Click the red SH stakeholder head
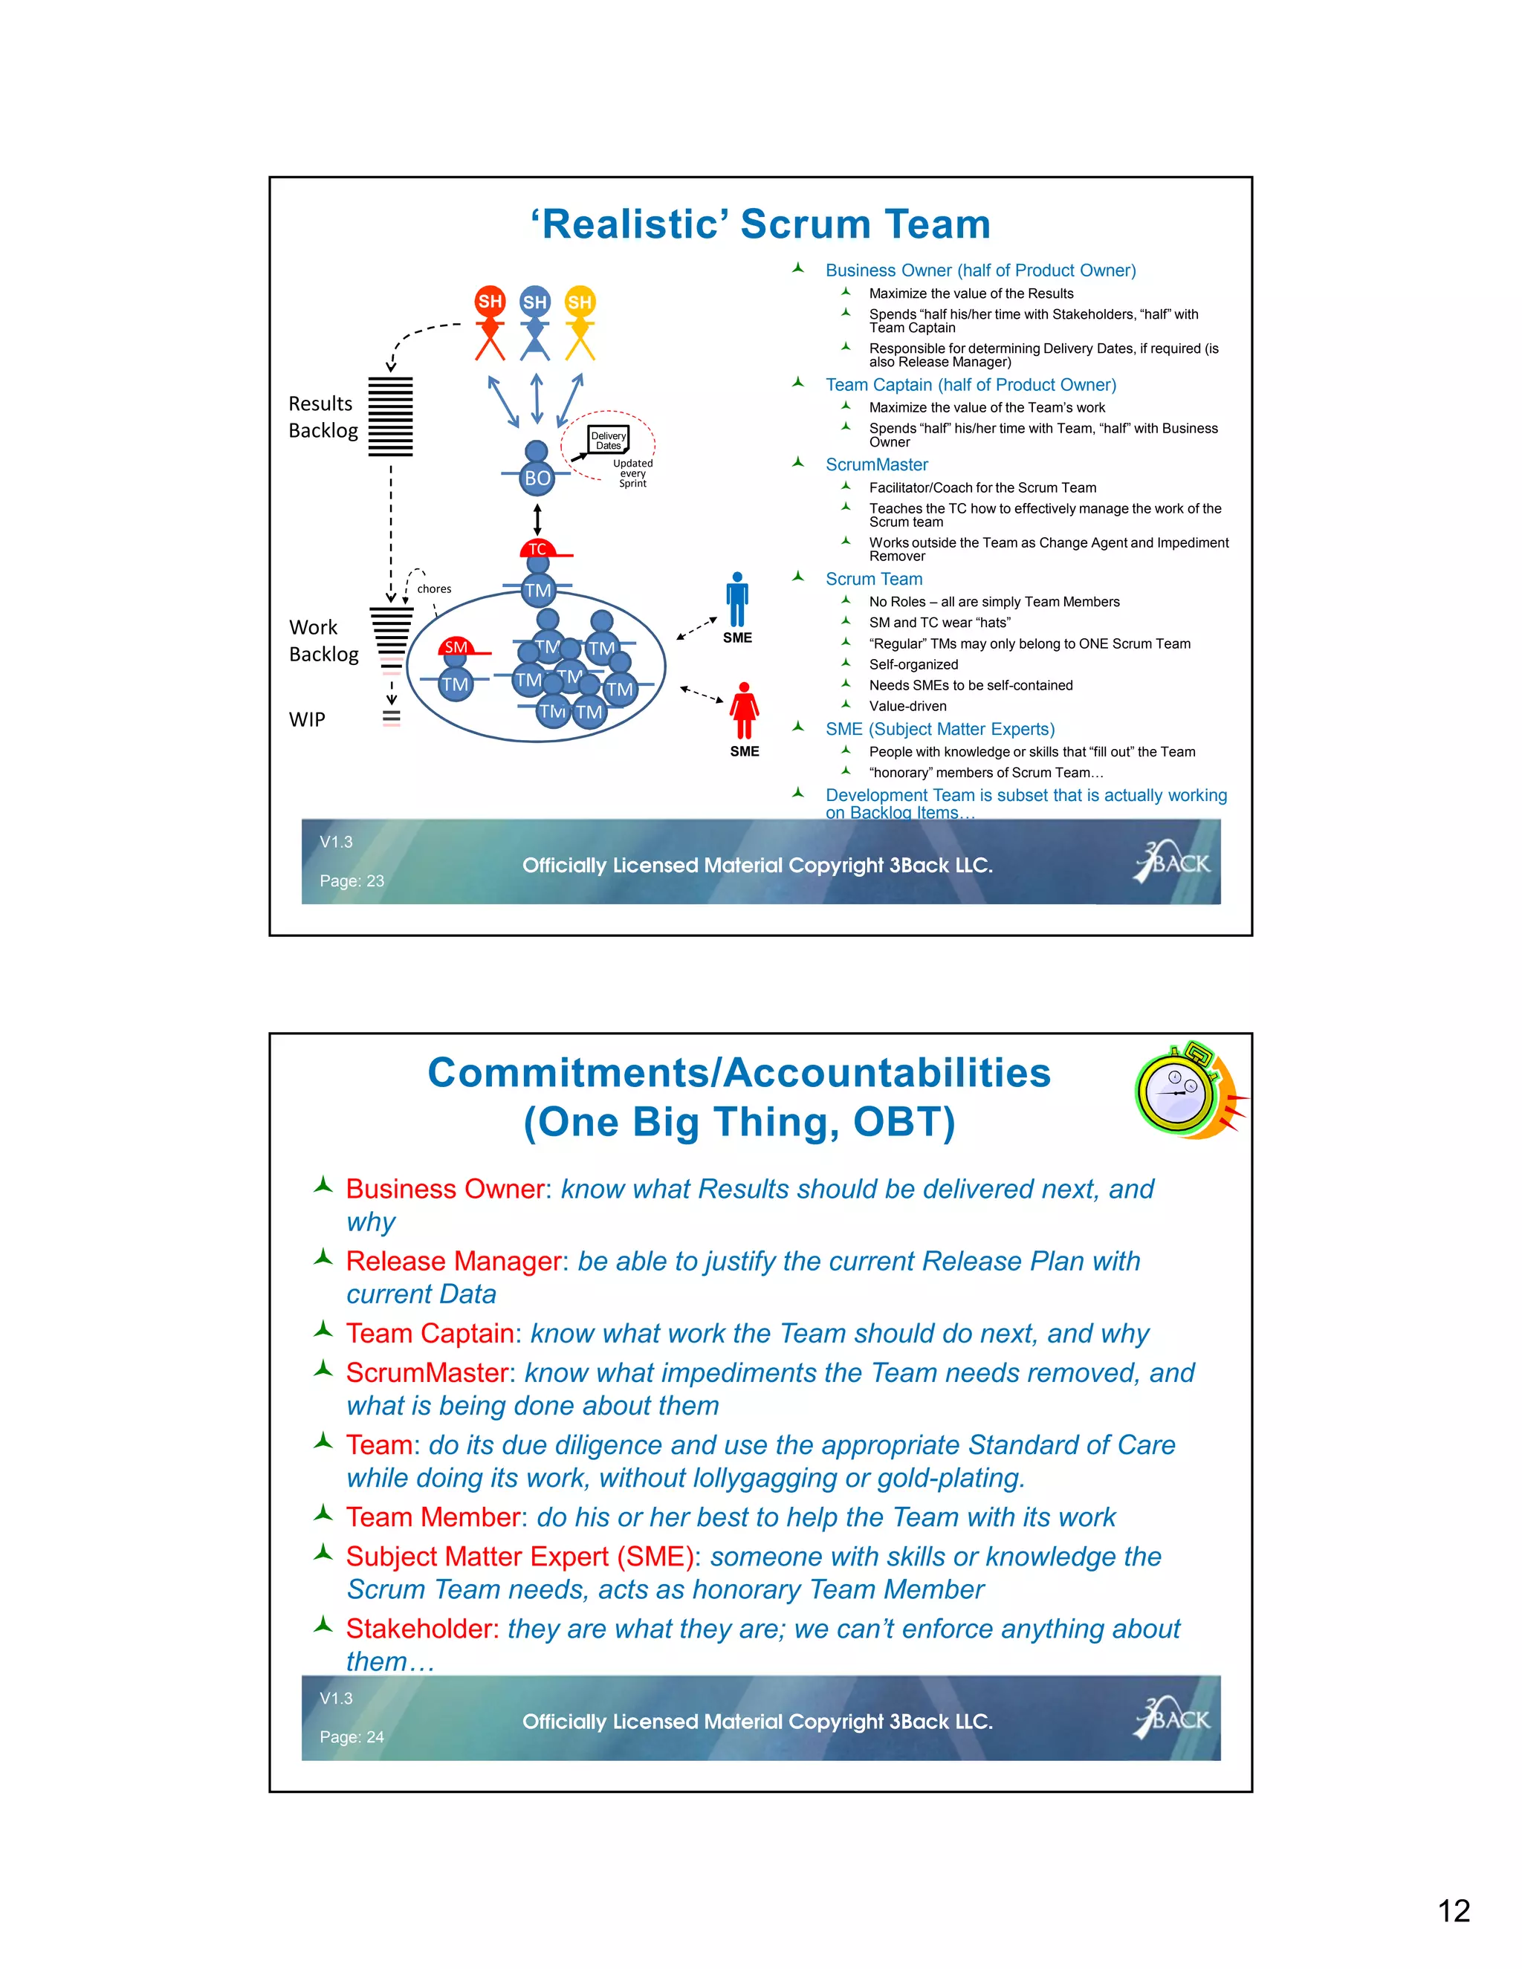click(490, 301)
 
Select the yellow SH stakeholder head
click(580, 302)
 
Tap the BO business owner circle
click(537, 478)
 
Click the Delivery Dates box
click(609, 440)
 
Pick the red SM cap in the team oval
click(458, 646)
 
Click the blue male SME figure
click(737, 600)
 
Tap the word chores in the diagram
click(434, 588)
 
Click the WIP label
click(307, 719)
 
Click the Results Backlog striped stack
click(390, 417)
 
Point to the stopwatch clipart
click(1189, 1091)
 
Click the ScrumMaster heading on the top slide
click(876, 464)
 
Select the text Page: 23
click(352, 880)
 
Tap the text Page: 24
click(352, 1737)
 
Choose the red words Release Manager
click(453, 1262)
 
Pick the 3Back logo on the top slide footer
click(1172, 862)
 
